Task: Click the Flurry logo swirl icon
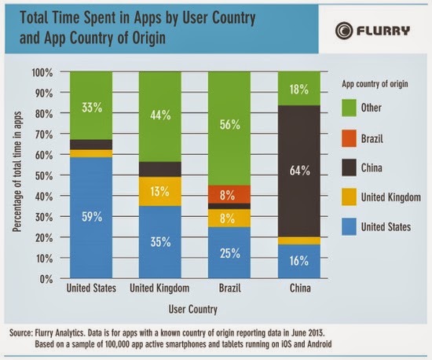(x=344, y=31)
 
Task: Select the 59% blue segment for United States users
(x=91, y=218)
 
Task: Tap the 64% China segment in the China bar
(x=299, y=171)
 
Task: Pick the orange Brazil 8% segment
(x=229, y=194)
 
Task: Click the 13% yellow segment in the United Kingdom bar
(x=160, y=191)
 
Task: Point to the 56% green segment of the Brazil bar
(x=229, y=128)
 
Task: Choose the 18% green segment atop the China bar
(x=299, y=89)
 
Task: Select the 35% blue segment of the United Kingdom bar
(x=160, y=242)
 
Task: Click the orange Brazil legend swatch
(x=349, y=138)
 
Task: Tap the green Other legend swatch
(x=349, y=108)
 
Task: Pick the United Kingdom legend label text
(x=391, y=197)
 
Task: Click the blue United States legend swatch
(x=349, y=226)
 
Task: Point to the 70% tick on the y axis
(x=44, y=134)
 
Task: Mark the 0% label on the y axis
(x=46, y=279)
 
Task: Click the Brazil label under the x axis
(x=230, y=288)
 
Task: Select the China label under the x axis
(x=300, y=288)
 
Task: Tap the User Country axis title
(x=193, y=309)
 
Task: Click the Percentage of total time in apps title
(x=17, y=171)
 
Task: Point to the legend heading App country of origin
(x=375, y=84)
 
